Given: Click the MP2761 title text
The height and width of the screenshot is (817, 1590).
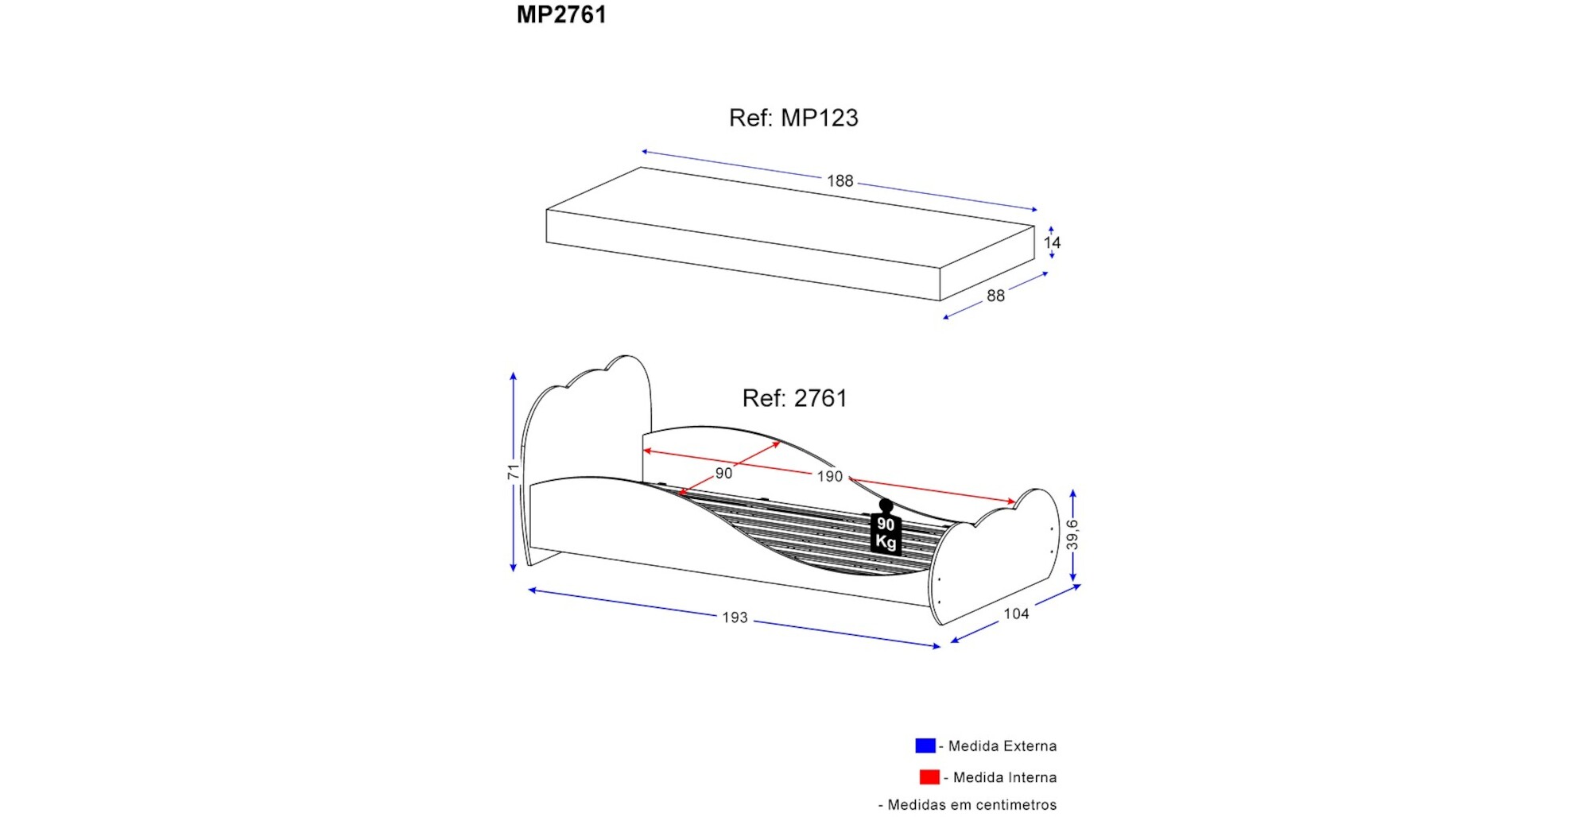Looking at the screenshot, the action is coord(561,15).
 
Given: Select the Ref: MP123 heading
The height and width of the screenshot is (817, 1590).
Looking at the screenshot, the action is coord(793,118).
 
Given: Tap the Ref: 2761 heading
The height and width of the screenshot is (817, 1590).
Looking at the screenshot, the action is coord(794,398).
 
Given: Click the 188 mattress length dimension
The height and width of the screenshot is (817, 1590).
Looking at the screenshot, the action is coord(840,181).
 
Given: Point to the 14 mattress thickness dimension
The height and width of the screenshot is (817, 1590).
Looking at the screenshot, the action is coord(1052,242).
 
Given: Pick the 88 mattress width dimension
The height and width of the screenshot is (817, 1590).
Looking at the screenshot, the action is coord(995,296).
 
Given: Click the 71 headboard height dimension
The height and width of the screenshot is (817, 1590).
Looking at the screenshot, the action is coord(514,471).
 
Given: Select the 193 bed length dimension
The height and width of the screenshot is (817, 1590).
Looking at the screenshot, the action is coord(735,618).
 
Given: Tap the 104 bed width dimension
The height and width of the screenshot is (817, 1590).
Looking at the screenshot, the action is coord(1016,614).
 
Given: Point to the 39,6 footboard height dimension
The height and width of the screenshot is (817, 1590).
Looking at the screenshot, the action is coord(1072,535).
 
